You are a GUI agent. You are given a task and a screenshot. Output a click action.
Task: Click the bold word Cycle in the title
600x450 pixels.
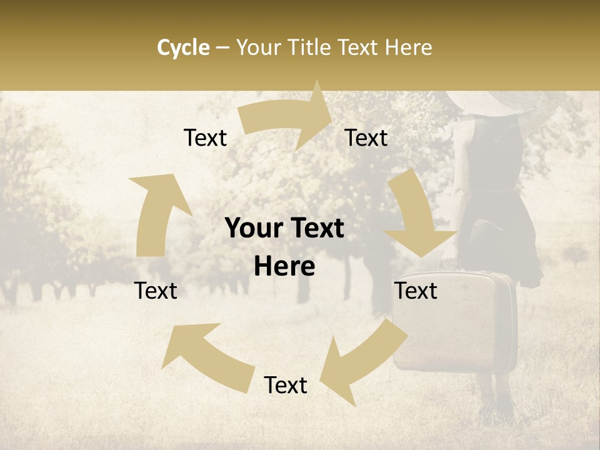183,47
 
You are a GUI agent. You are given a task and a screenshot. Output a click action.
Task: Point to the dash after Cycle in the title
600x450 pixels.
222,48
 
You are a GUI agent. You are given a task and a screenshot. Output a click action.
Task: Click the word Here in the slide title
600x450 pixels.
406,47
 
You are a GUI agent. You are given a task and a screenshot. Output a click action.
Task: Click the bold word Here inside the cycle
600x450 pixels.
284,267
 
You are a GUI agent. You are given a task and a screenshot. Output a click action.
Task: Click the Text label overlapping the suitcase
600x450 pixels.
416,291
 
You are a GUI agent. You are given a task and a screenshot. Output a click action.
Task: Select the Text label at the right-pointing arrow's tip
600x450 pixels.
366,137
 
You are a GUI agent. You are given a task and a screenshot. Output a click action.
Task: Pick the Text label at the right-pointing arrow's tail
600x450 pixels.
205,137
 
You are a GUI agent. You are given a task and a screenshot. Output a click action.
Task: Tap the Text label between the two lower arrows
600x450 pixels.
286,385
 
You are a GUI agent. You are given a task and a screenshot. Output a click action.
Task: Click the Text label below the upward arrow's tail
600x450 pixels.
156,291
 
